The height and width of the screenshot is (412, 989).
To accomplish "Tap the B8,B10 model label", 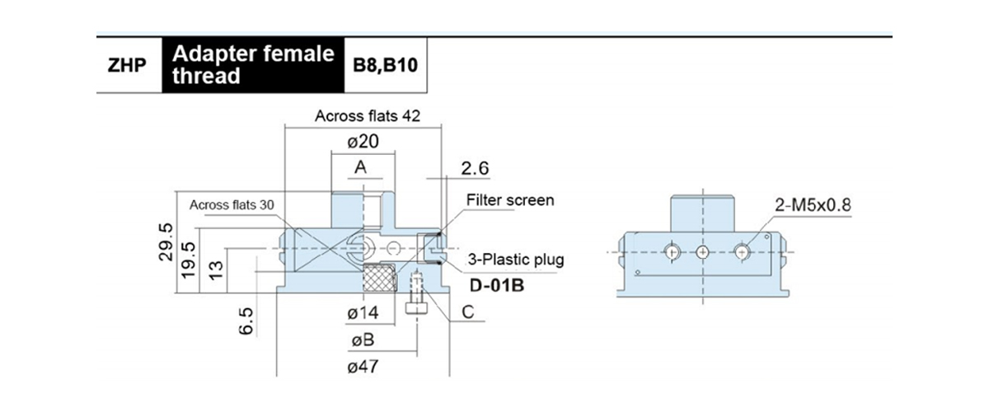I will pos(385,65).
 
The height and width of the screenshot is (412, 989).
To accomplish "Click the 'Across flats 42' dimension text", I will pos(368,116).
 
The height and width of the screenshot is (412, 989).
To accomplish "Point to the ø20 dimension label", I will pos(363,142).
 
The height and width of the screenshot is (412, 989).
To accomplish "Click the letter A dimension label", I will pos(361,168).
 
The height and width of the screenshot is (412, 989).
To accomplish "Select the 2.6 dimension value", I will pos(476,169).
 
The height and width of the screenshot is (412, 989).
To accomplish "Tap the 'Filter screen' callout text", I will pos(510,200).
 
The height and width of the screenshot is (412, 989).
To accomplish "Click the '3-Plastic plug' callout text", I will pos(517,260).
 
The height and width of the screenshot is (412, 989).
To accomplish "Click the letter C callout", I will pos(466,313).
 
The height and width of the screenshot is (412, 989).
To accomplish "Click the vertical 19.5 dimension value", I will pos(190,261).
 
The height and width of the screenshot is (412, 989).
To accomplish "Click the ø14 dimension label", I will pos(363,313).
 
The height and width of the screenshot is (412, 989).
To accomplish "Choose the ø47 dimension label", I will pos(363,368).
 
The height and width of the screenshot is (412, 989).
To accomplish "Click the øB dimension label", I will pos(363,340).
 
